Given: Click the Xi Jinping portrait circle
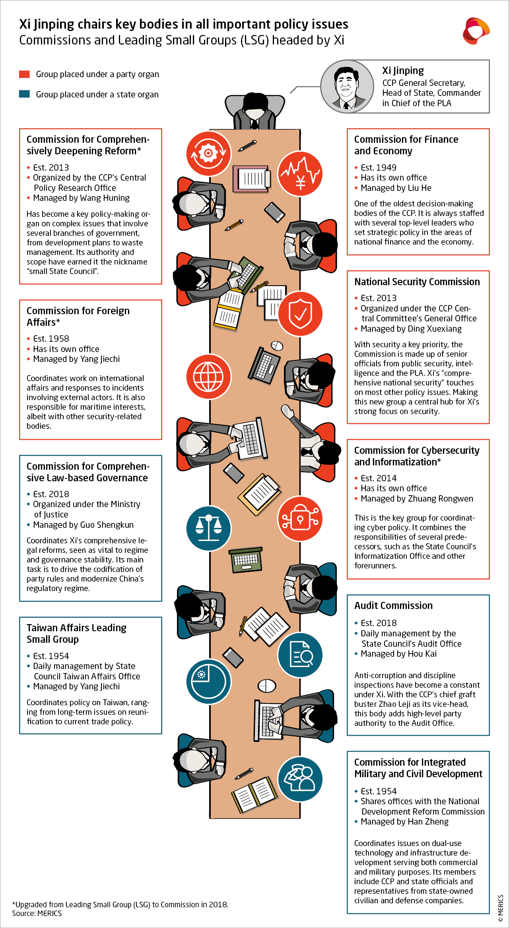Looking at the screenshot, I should coord(347,86).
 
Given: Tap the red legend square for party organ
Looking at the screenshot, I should coord(24,74).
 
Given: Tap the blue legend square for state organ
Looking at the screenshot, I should coord(24,94).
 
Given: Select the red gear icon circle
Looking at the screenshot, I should coord(208,153).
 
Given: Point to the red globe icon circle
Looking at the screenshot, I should coord(208,376).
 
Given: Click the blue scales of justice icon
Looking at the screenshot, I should coord(208,528).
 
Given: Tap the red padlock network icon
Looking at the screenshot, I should coord(300,519).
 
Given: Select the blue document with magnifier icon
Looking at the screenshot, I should coord(300,655).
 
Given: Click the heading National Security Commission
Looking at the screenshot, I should coord(417,282).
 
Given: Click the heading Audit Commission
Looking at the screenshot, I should coord(393,605).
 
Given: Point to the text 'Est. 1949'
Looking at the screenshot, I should coord(378,167).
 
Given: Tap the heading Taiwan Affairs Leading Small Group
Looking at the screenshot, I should coord(76,633).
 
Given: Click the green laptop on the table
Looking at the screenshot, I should coord(246,560).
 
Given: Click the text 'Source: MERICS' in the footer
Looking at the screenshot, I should coord(37,913).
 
